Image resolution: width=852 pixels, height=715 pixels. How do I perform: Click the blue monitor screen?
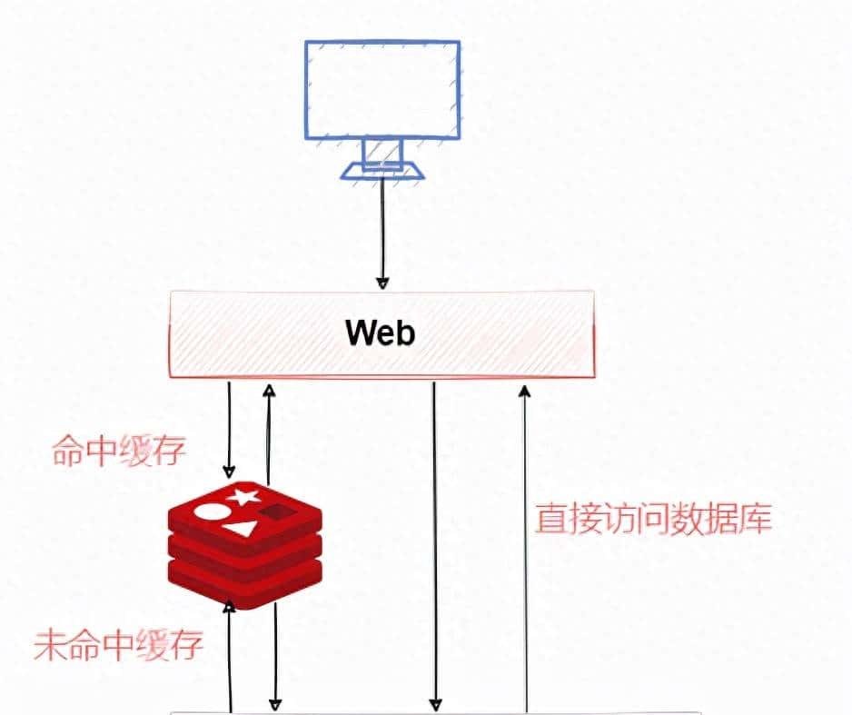(381, 89)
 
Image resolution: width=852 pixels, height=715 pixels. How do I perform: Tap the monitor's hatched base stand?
(381, 170)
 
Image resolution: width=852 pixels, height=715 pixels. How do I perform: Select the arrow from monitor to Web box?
(382, 232)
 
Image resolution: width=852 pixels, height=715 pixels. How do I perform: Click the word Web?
(381, 333)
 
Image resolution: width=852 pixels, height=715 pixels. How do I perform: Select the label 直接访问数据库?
(653, 519)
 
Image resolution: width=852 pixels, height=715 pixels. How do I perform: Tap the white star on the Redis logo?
(242, 496)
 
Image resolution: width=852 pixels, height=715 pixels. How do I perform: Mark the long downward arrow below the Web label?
(435, 545)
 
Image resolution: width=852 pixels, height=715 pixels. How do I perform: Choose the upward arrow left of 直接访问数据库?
(524, 545)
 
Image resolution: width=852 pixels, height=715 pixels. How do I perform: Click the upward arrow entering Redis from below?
(233, 654)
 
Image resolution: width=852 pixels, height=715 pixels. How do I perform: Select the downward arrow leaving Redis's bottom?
(275, 654)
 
